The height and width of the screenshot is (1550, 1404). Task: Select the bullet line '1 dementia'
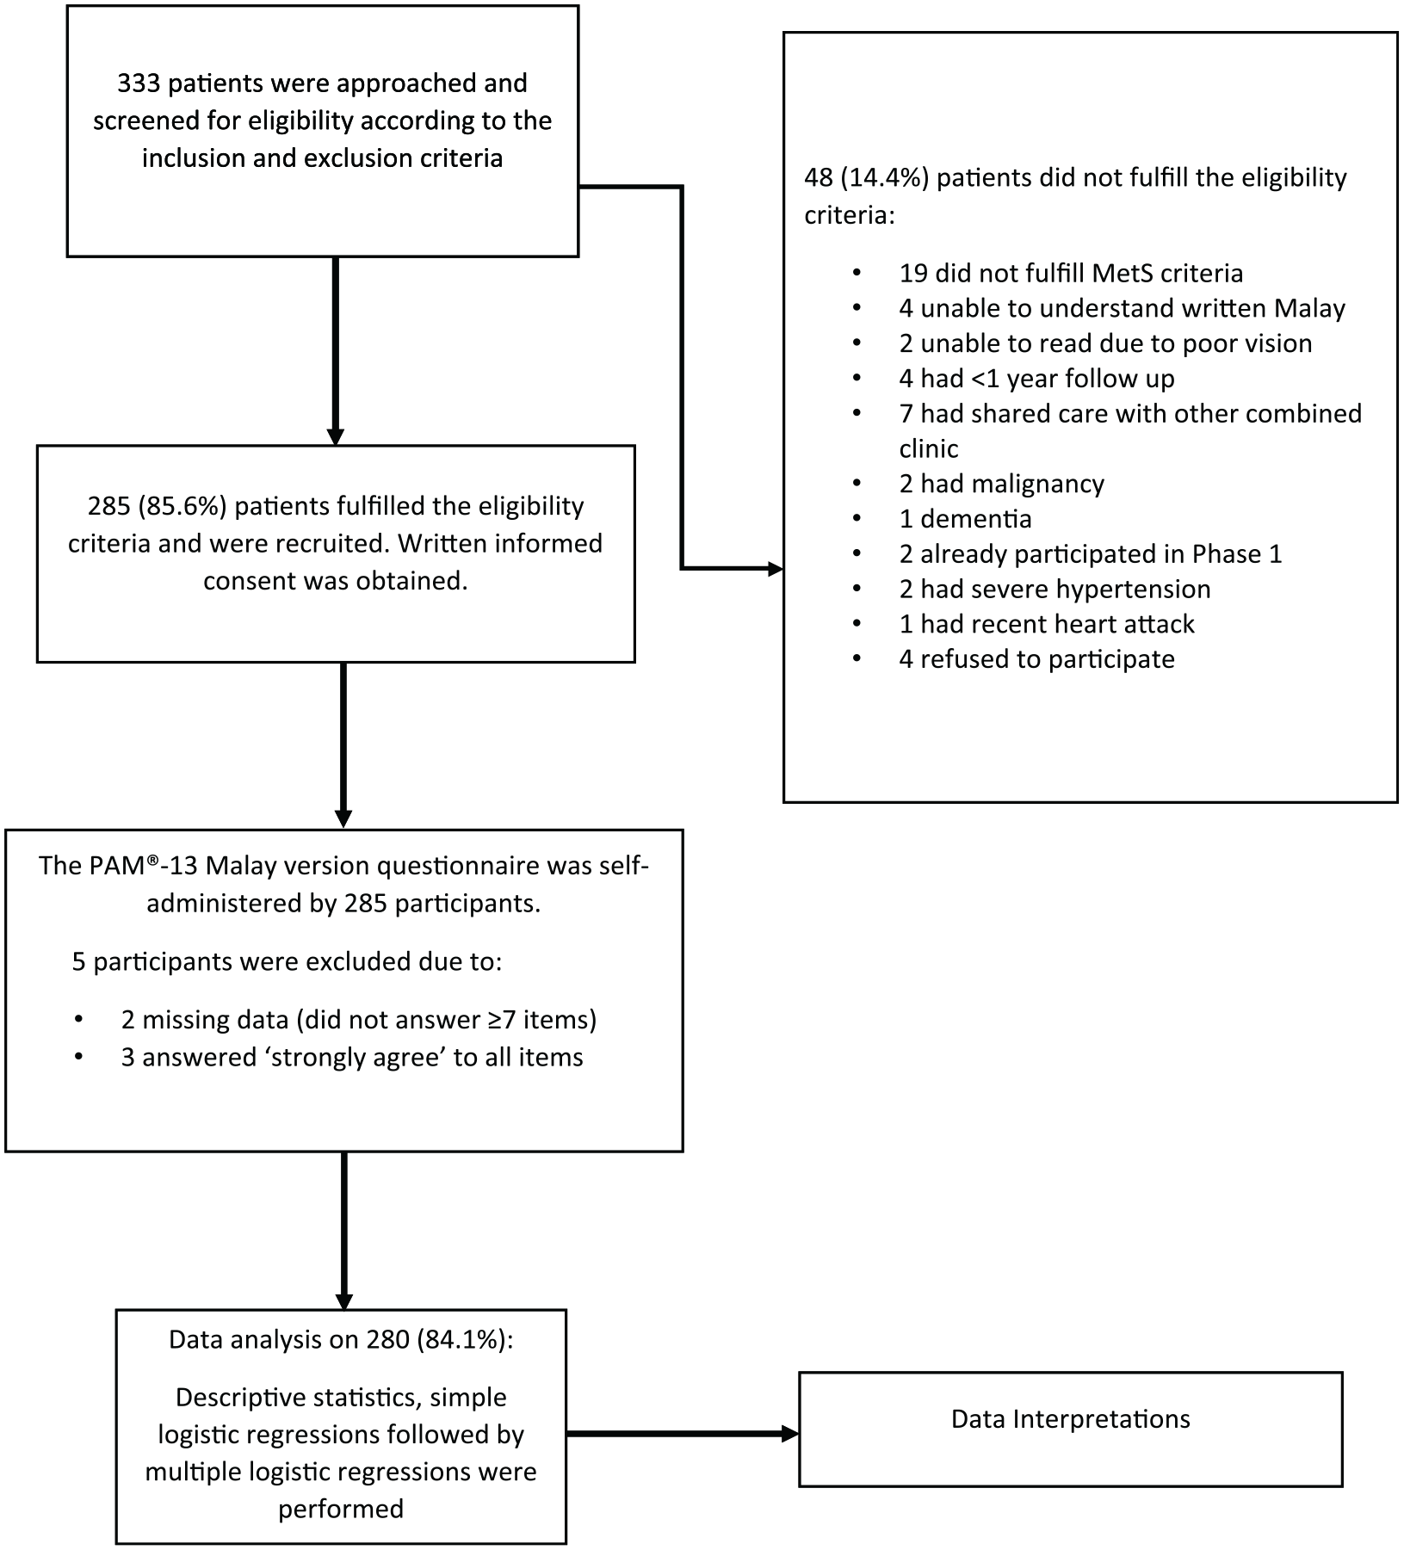point(965,519)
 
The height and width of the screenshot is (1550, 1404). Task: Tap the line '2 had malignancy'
point(1001,484)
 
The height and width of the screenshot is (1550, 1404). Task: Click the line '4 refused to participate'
point(1036,659)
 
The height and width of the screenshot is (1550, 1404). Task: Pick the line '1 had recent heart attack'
point(1047,624)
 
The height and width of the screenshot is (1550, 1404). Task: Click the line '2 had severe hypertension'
point(1055,590)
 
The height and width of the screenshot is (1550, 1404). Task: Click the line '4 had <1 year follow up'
point(1036,379)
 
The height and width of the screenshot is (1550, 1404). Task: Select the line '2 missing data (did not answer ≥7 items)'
point(358,1020)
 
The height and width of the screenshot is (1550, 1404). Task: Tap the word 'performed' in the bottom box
point(341,1509)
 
